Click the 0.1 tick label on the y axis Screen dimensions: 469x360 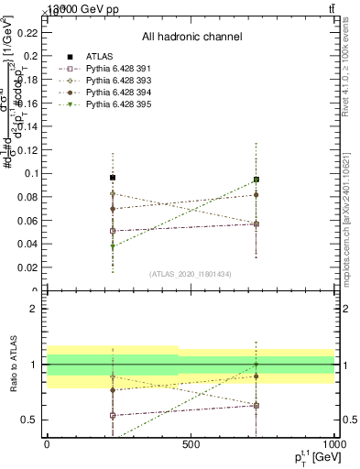click(x=30, y=172)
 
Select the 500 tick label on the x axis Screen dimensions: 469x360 click(x=191, y=443)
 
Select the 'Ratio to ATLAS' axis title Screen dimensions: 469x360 click(x=12, y=365)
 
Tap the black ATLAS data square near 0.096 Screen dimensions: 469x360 click(x=113, y=178)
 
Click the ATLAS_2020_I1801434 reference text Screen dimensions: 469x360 click(x=191, y=274)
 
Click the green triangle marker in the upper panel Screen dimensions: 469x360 click(x=113, y=246)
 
